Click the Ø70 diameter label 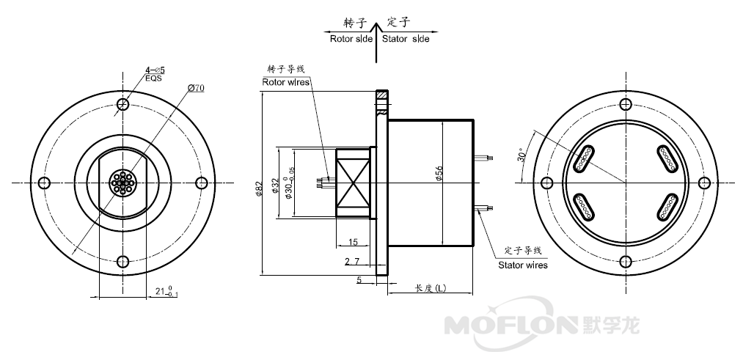196,88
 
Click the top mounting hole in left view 122,105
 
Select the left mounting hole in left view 44,183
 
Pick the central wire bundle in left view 122,183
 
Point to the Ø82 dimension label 258,189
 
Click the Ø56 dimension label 439,175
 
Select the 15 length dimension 353,242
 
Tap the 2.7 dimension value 351,261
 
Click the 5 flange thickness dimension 359,279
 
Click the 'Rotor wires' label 286,81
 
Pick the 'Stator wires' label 522,265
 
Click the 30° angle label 521,155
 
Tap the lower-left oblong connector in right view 584,207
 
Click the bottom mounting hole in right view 625,262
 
